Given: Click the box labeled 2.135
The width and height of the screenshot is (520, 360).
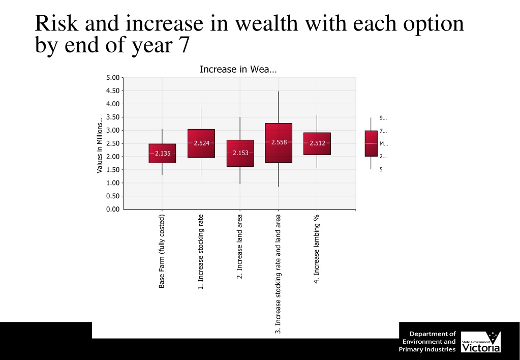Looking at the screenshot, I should [162, 154].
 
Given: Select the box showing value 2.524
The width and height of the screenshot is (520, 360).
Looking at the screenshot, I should [201, 143].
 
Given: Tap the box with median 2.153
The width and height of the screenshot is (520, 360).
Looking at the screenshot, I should [240, 153].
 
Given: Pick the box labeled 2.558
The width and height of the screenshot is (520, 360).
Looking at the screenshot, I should [279, 143].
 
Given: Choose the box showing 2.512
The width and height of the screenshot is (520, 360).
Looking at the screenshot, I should [317, 143].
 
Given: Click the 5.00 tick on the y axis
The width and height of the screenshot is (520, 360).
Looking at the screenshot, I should [112, 78].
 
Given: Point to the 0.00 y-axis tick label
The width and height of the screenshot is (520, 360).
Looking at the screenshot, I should [112, 209].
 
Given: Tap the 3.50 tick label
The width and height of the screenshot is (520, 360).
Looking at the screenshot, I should [112, 117].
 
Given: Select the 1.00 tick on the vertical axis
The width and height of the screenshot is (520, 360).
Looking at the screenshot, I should [112, 183].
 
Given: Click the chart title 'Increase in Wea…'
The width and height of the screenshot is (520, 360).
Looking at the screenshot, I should [238, 69].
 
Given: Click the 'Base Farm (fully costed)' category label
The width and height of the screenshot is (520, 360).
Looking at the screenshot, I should [162, 251].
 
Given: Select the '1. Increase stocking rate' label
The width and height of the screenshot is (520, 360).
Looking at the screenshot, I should [201, 252].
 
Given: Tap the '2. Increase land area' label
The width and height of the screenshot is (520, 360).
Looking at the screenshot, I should [239, 247].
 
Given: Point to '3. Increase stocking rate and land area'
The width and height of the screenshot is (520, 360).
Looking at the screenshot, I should [278, 274].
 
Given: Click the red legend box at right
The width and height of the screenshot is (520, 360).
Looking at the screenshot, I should [371, 143].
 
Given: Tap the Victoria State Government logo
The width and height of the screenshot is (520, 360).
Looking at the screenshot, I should [480, 342].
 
